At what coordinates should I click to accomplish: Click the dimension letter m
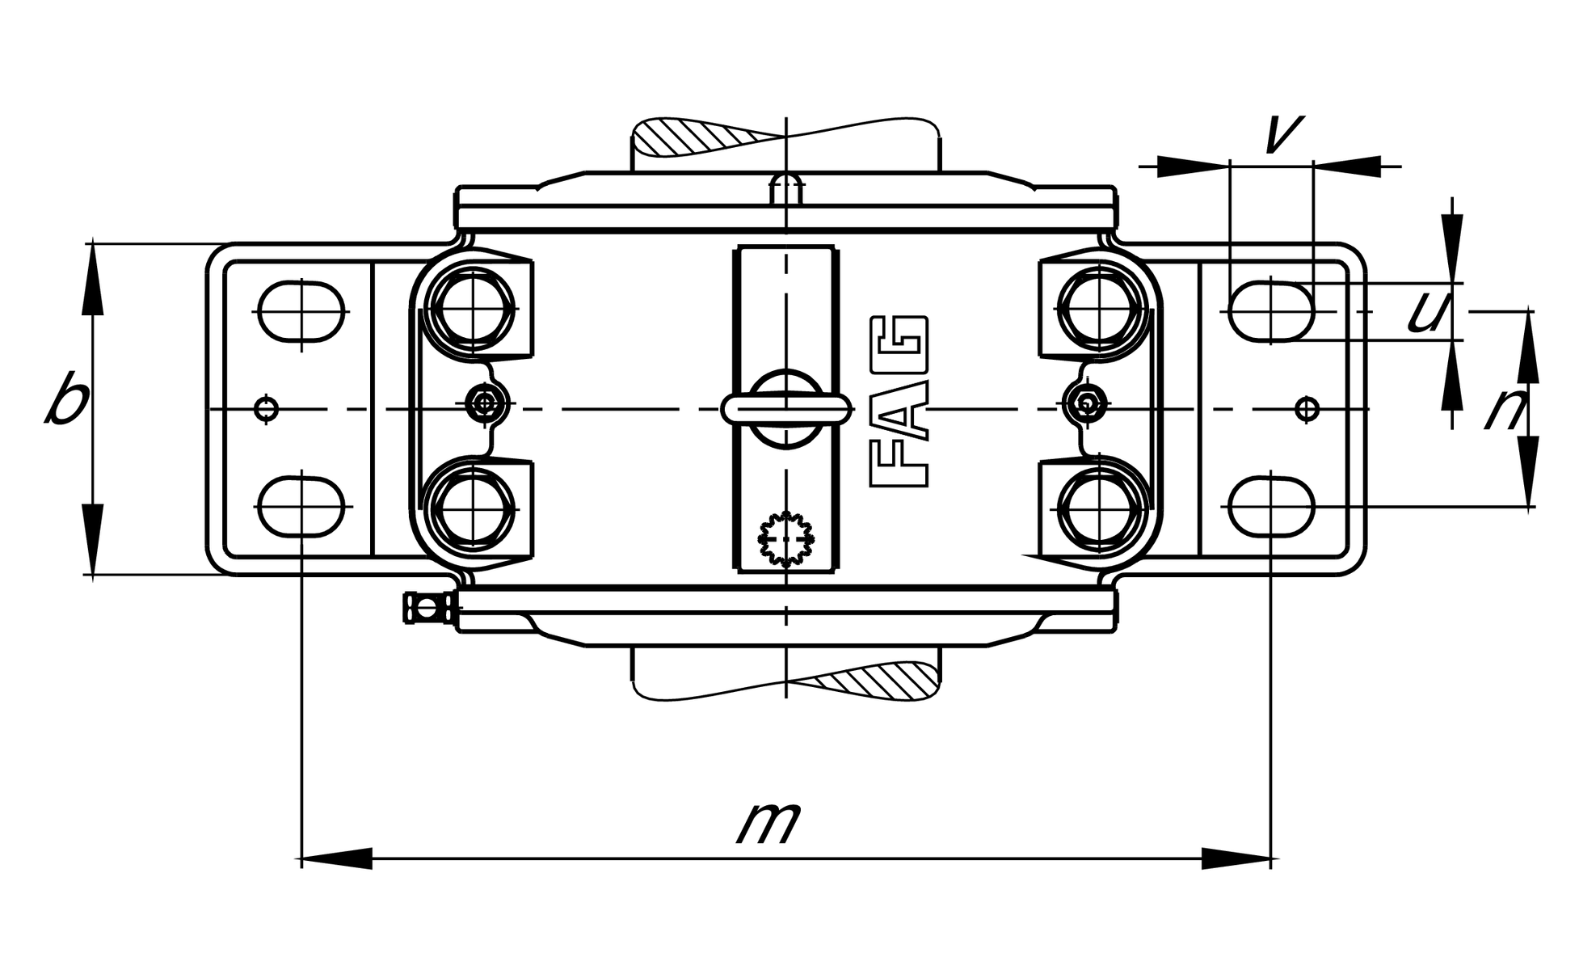point(768,823)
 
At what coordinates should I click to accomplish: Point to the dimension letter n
point(1505,411)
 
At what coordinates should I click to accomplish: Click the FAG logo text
point(898,402)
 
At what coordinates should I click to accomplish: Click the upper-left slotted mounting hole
point(302,311)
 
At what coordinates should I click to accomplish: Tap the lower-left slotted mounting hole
point(302,507)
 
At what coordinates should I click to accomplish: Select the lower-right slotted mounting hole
point(1271,507)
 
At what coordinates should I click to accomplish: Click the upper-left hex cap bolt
point(474,309)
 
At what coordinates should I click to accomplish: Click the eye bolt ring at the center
point(786,408)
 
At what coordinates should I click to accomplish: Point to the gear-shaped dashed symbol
point(785,538)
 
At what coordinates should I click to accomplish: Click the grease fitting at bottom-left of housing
point(425,608)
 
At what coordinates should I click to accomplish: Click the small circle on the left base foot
point(267,409)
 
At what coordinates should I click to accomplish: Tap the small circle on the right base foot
point(1307,409)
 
